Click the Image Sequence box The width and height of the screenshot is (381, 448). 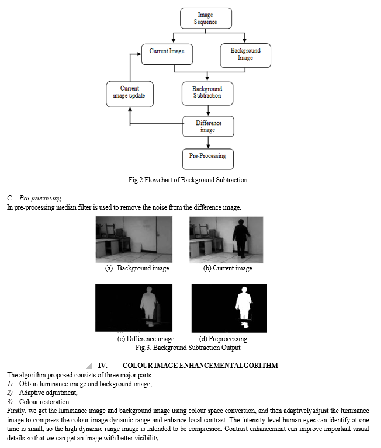point(206,18)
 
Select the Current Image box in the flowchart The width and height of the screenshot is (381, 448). point(167,54)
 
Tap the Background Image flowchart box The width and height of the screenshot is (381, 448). point(245,55)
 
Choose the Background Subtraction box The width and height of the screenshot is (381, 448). point(207,93)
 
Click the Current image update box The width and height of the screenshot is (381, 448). point(130,94)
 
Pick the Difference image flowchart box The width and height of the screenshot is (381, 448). point(209,126)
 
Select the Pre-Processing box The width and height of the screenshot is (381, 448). point(208,159)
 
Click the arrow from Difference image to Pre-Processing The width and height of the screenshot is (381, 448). point(208,143)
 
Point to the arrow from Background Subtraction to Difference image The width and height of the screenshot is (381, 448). point(208,110)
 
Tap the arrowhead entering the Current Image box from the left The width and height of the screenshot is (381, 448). point(139,54)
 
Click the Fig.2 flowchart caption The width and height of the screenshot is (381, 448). point(188,180)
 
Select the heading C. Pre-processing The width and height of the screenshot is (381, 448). point(34,198)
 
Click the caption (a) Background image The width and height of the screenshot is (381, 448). point(137,268)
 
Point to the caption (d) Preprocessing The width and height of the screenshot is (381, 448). point(223,339)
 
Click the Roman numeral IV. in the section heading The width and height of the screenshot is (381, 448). point(103,366)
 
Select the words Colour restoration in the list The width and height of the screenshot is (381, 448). point(44,402)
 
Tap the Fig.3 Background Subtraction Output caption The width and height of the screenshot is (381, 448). point(188,348)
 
